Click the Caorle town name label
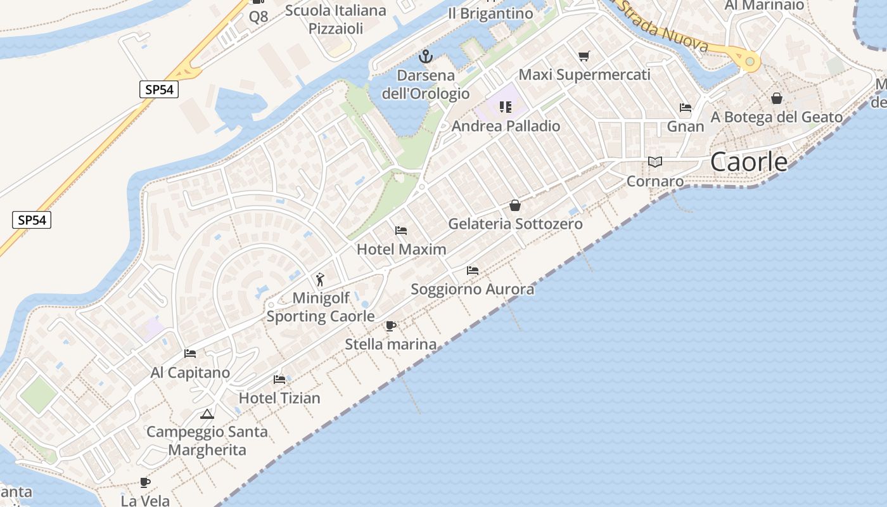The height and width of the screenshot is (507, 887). coord(749,162)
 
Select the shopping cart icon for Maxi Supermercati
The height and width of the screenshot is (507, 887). coord(584,56)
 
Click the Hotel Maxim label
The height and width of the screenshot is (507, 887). coord(402,249)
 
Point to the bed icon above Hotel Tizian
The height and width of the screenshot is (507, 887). coord(279,380)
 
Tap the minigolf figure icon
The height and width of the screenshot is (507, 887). coord(320,279)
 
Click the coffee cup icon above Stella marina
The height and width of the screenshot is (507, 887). coord(391,326)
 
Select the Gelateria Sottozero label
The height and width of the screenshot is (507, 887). coord(515,224)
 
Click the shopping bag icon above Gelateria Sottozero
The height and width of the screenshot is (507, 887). coord(515,205)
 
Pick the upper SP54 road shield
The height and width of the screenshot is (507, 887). coord(159,89)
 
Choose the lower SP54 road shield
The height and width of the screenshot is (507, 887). coord(32,220)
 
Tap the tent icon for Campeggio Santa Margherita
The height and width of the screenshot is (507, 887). coord(207,414)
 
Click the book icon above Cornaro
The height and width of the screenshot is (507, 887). coord(655,162)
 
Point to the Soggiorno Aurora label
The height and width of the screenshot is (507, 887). coord(473,290)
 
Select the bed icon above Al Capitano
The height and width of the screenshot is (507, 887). coord(190,354)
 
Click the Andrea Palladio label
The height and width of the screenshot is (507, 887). coord(506,126)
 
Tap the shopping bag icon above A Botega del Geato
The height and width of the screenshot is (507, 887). coord(777,98)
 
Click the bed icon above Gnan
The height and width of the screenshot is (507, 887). coord(686,108)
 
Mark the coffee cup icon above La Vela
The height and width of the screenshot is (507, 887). coord(145,482)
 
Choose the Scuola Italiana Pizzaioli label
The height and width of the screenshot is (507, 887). coord(336,19)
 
